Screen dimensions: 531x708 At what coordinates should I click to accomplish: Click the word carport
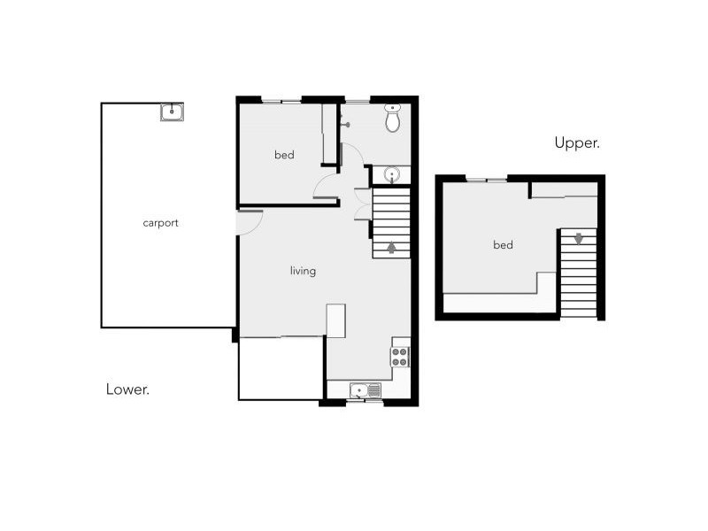click(x=160, y=223)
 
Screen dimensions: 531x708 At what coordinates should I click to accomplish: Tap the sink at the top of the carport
click(x=172, y=112)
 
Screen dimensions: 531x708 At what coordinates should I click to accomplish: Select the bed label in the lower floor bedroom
click(x=283, y=156)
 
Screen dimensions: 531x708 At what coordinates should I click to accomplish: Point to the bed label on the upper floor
click(x=502, y=245)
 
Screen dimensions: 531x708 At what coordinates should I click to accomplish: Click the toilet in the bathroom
click(x=394, y=119)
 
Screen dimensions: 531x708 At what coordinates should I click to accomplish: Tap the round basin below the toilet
click(x=391, y=174)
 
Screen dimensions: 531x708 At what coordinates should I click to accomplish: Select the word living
click(x=303, y=271)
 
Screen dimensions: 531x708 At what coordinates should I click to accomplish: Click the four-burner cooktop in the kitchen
click(x=400, y=357)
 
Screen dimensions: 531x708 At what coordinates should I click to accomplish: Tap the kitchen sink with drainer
click(x=365, y=390)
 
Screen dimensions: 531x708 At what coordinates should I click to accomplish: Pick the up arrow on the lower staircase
click(x=391, y=248)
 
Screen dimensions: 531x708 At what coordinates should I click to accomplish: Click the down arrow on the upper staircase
click(x=578, y=238)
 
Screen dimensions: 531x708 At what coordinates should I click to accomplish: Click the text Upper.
click(x=577, y=142)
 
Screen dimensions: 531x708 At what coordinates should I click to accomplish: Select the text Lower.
click(x=127, y=389)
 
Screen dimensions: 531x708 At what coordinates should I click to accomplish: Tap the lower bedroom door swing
click(x=326, y=187)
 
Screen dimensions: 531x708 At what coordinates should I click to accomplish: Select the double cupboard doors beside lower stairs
click(x=361, y=204)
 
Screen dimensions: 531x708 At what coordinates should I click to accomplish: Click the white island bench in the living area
click(x=335, y=320)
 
